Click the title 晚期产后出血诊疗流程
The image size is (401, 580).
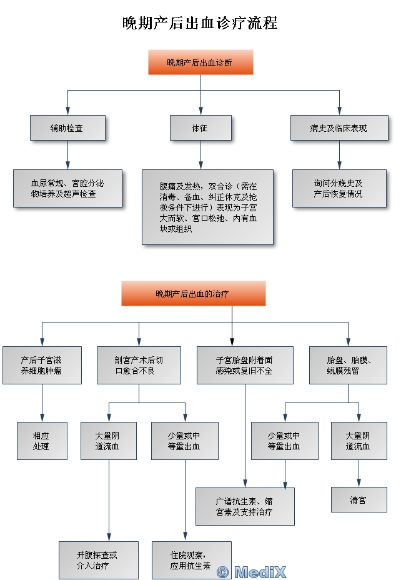[x=200, y=24]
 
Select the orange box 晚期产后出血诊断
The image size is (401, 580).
[x=200, y=62]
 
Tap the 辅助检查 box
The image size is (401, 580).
[x=67, y=128]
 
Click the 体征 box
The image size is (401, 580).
[x=200, y=128]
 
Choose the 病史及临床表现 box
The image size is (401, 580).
[x=339, y=128]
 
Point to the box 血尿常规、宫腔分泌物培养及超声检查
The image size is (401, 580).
[x=67, y=189]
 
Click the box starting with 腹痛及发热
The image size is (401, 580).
[x=207, y=207]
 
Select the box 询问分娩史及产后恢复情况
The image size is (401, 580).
[x=339, y=189]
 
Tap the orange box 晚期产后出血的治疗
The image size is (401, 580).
[x=194, y=293]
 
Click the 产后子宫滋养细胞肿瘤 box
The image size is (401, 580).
[x=42, y=366]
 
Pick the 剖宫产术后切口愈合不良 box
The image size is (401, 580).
[x=139, y=366]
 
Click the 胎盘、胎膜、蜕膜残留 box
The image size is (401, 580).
[x=349, y=366]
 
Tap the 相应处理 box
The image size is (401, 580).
[x=42, y=441]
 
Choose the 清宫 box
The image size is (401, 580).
[x=359, y=500]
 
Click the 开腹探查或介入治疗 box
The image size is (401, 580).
[x=98, y=560]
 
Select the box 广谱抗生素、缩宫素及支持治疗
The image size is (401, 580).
[x=244, y=506]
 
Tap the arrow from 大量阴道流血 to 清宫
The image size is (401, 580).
[x=359, y=473]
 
